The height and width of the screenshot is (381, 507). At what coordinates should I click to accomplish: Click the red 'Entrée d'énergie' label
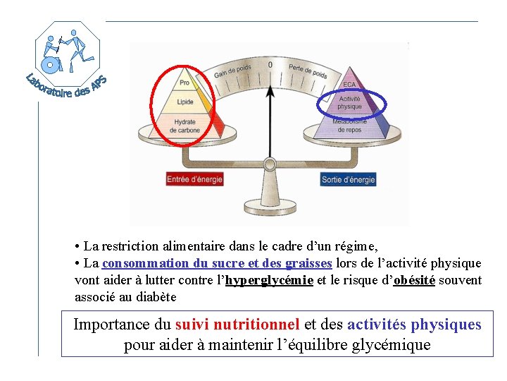click(194, 179)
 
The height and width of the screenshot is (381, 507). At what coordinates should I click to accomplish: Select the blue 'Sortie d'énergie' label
click(348, 180)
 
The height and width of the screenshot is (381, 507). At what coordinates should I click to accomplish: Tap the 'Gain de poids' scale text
click(232, 71)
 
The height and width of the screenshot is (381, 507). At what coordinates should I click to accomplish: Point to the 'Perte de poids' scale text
click(308, 71)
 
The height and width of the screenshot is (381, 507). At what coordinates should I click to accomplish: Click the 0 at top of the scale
click(270, 65)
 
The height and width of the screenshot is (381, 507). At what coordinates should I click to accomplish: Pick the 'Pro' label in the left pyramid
click(184, 83)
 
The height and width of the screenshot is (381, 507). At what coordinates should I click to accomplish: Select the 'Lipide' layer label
click(185, 102)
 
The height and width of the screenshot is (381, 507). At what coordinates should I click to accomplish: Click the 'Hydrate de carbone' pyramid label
click(185, 126)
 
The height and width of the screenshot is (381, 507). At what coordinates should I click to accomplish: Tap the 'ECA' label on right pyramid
click(350, 85)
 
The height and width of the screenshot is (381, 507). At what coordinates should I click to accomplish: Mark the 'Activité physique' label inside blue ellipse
click(350, 103)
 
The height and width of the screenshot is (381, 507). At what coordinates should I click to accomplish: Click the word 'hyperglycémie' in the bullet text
click(270, 280)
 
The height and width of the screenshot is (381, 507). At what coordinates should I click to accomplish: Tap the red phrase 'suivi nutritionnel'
click(237, 325)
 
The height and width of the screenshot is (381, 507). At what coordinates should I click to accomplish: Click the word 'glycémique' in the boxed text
click(390, 346)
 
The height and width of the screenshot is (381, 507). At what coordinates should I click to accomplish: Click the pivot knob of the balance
click(270, 165)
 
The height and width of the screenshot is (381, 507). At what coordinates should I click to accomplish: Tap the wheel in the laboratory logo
click(50, 65)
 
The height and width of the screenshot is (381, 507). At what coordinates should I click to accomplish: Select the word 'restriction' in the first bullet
click(132, 246)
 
